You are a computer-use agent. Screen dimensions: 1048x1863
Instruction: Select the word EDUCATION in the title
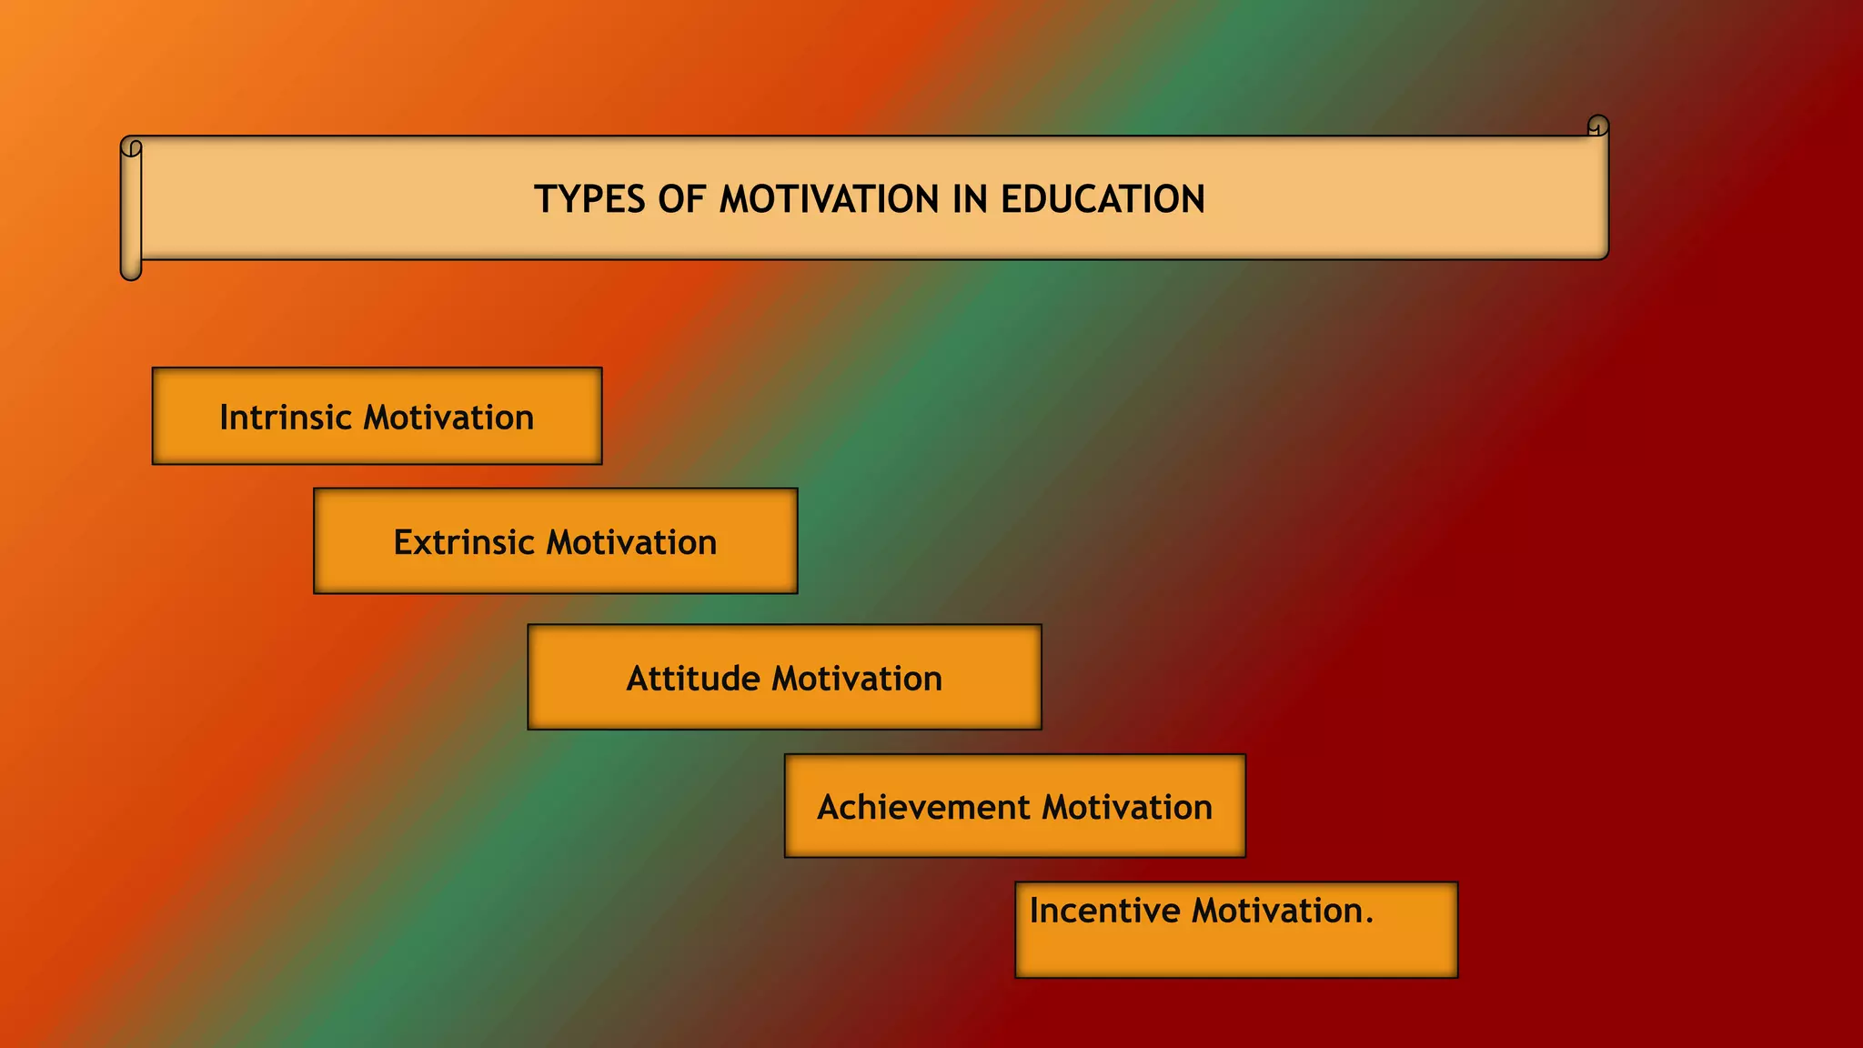[1103, 199]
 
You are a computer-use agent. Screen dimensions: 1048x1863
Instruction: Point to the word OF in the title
[682, 199]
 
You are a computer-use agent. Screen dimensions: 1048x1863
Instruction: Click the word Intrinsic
[285, 418]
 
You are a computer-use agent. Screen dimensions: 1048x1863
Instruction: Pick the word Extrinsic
[463, 542]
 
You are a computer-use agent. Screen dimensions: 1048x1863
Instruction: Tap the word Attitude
[692, 679]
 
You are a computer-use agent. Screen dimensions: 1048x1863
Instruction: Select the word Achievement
[922, 807]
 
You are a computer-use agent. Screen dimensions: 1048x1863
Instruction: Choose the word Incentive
[1104, 911]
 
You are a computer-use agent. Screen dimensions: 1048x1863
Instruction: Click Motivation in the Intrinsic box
[448, 418]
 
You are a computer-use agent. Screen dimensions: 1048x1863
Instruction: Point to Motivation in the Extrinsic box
[631, 542]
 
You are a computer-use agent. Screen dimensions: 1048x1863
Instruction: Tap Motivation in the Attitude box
[857, 679]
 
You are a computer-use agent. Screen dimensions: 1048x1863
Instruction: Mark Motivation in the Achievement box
[1127, 807]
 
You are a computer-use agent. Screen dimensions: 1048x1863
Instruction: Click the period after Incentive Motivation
[1369, 921]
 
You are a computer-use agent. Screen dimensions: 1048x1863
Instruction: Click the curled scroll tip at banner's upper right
[1598, 125]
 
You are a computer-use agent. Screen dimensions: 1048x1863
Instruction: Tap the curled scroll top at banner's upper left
[131, 147]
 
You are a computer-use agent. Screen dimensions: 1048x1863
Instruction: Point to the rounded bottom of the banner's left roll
[131, 272]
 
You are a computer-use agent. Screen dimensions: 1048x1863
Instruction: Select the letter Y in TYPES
[566, 199]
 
